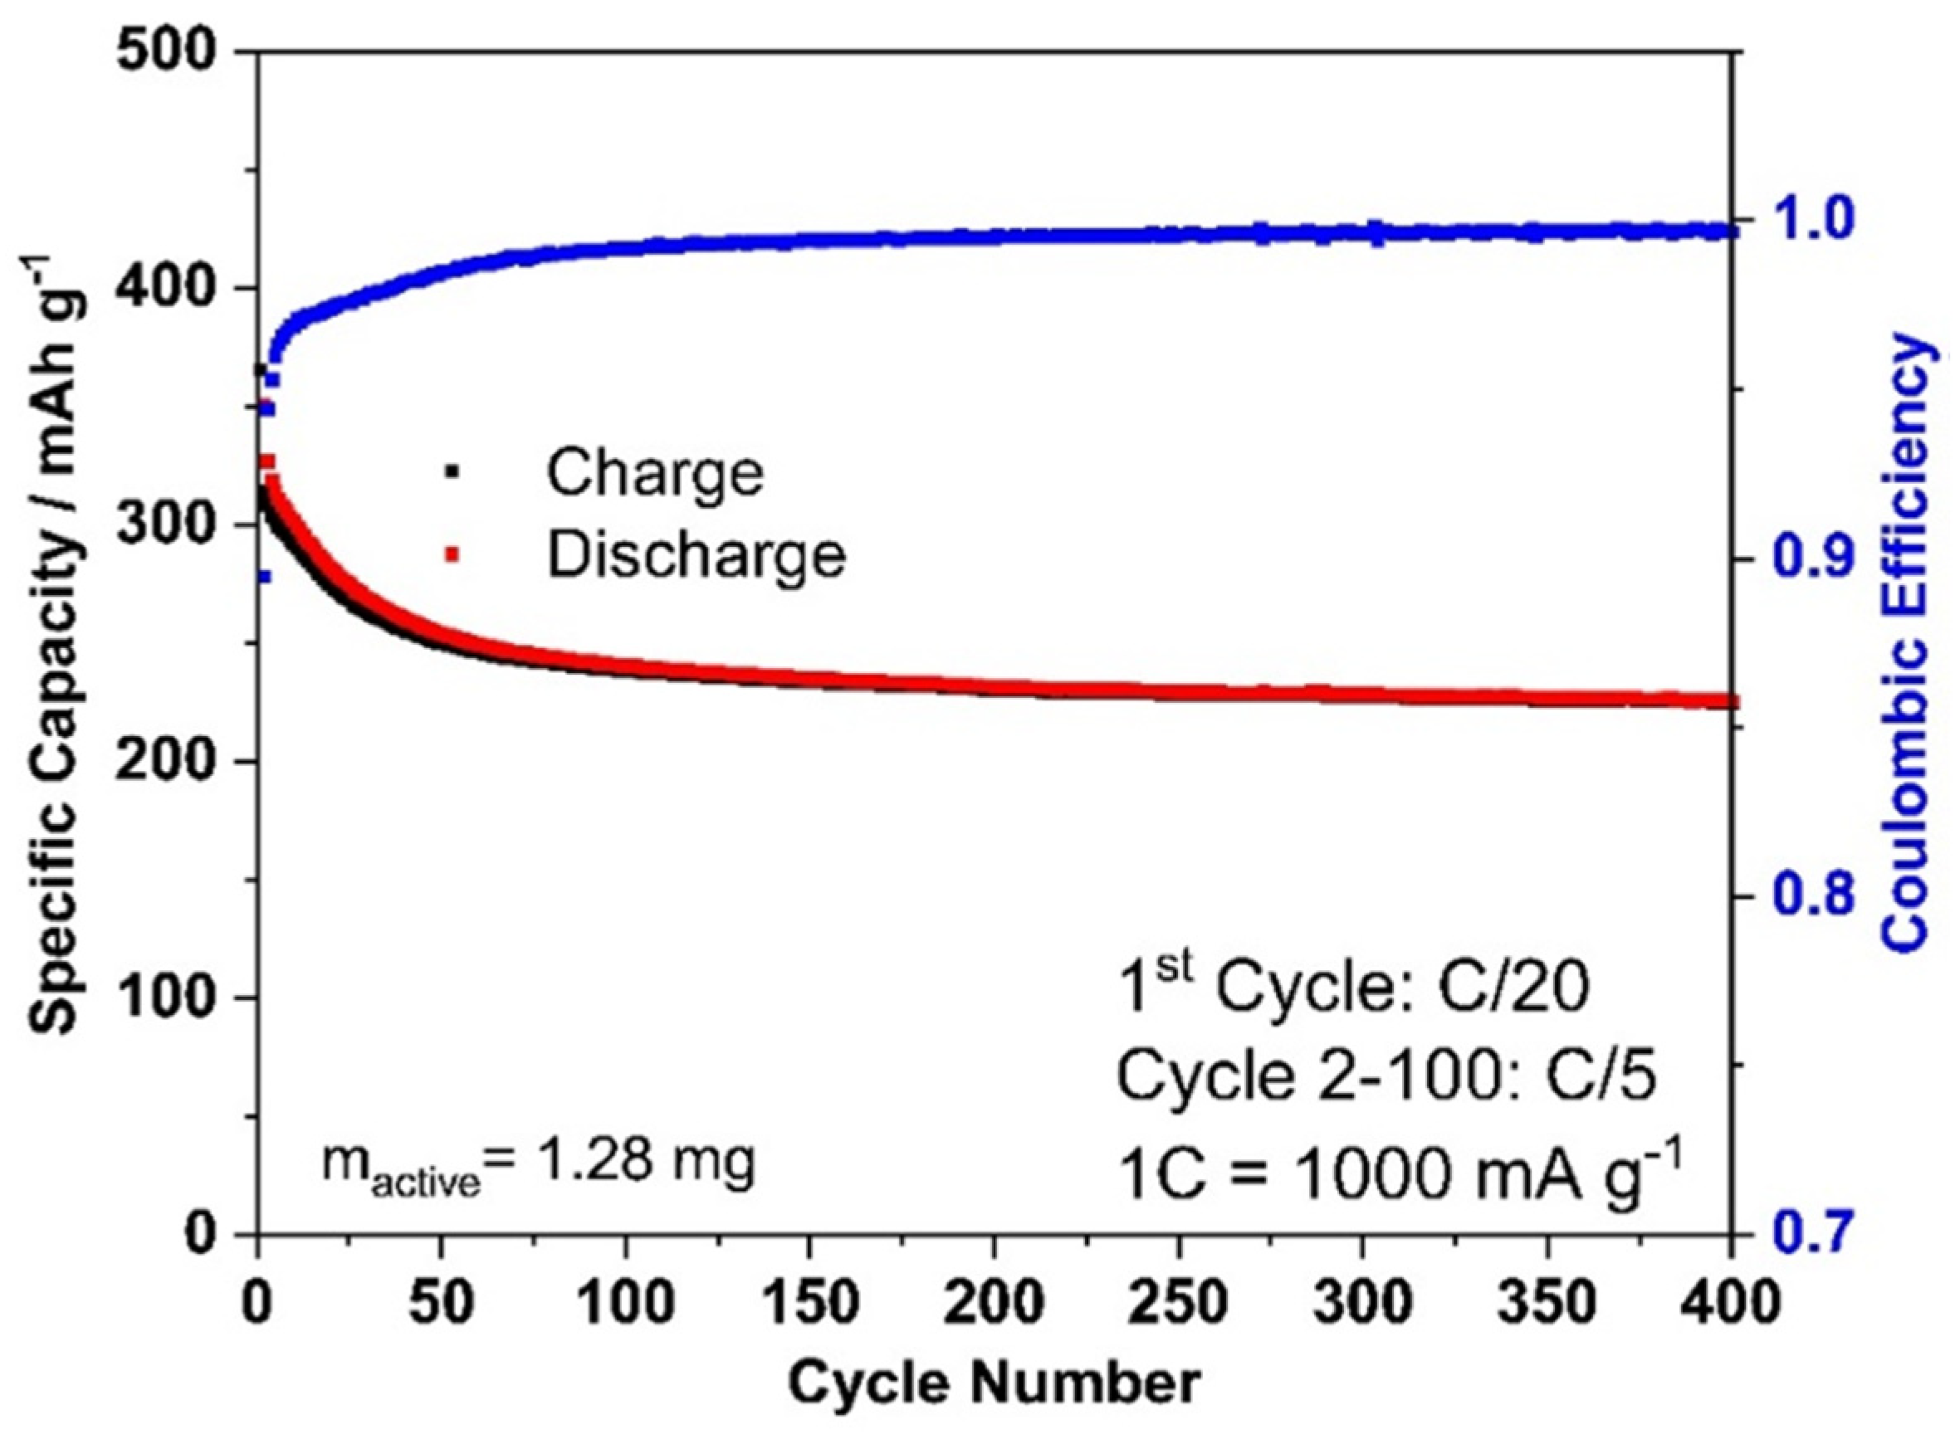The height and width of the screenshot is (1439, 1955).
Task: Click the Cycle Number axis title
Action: (994, 1383)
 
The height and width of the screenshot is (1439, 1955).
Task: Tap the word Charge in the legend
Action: (654, 473)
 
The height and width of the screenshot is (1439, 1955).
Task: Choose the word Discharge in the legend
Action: (695, 555)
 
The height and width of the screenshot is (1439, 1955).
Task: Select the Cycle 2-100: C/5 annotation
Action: (1386, 1076)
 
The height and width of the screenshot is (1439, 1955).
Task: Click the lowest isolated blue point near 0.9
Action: (264, 575)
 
